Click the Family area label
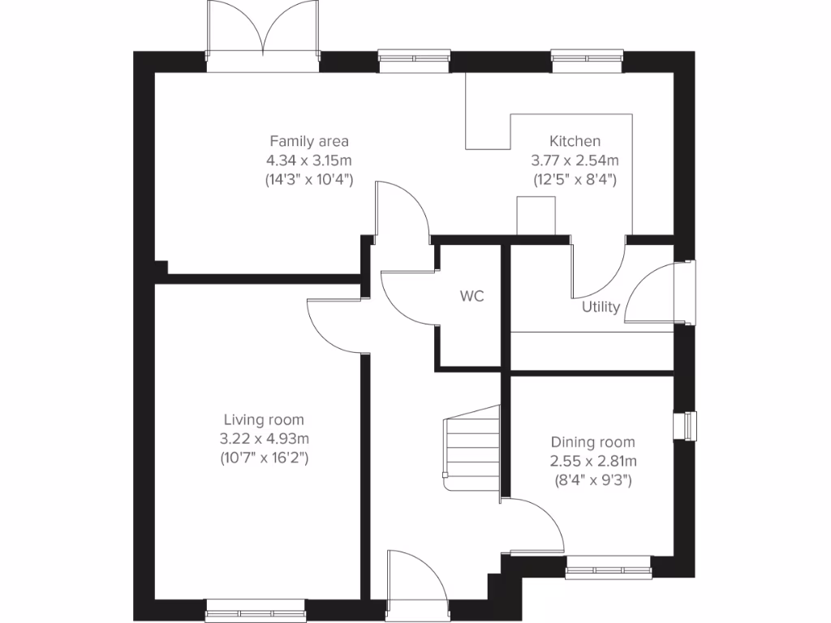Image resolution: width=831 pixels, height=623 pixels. point(309,141)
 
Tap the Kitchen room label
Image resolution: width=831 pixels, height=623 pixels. point(575,141)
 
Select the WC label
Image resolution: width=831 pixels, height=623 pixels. point(471,296)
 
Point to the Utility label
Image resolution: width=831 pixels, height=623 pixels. point(601,307)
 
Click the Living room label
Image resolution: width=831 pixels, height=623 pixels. point(264,420)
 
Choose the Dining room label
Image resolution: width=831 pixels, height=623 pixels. point(592,443)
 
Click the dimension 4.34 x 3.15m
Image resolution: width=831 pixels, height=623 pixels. point(309,160)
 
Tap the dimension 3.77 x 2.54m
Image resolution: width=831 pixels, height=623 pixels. point(575,160)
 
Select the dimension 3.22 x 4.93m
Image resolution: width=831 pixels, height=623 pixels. point(264,439)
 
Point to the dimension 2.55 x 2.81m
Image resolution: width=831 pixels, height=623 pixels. point(592,462)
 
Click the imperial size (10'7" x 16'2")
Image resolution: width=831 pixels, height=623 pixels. point(264,458)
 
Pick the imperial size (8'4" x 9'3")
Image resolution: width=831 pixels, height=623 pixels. point(592,480)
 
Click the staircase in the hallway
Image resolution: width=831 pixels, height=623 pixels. point(471,446)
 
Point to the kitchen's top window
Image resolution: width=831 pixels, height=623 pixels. point(587,58)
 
